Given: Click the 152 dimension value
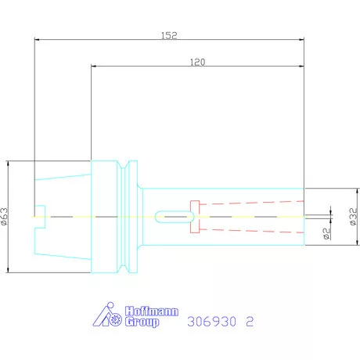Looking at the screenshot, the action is [169, 35].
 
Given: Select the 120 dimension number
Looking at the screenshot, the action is [197, 62].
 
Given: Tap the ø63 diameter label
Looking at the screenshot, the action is [5, 216].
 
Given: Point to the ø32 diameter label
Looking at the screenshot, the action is [353, 217].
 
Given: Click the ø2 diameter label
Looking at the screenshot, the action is [326, 233].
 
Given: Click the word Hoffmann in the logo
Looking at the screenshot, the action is [152, 311].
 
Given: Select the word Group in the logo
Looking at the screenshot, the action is [142, 322].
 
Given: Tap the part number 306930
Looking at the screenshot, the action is [211, 322].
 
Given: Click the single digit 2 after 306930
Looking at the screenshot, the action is [250, 322].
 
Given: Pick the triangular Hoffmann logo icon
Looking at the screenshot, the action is [107, 315].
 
